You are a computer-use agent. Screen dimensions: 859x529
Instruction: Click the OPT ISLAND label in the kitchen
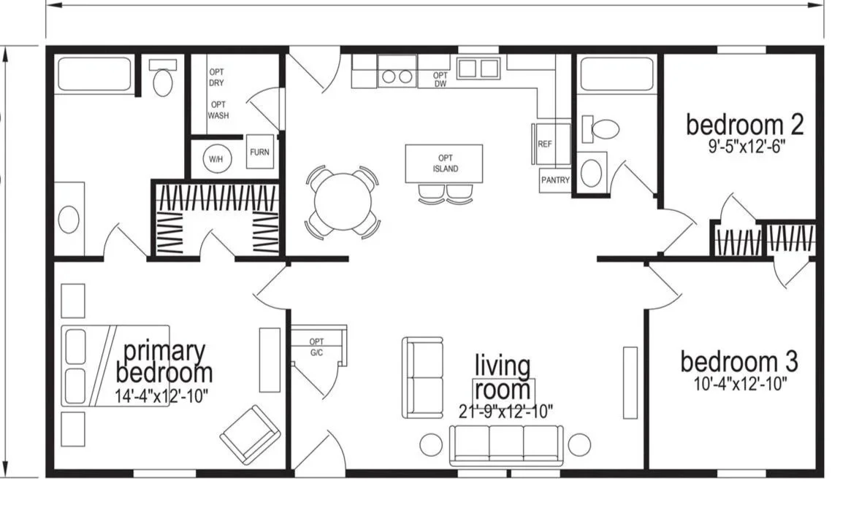[445, 163]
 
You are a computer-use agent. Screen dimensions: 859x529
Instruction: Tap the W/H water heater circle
[216, 159]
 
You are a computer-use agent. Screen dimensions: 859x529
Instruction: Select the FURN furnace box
[259, 152]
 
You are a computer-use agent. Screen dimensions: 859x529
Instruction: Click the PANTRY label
[555, 180]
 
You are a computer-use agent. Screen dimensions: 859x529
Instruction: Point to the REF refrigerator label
[545, 144]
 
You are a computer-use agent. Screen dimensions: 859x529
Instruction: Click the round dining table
[343, 201]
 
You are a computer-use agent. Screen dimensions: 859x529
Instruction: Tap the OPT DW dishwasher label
[440, 80]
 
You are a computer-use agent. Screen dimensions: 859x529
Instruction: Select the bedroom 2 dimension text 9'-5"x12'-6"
[747, 147]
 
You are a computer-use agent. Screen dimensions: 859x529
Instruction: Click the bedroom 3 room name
[738, 362]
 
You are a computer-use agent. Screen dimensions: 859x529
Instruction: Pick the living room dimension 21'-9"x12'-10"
[505, 412]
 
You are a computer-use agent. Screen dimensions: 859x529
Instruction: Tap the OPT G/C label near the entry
[317, 347]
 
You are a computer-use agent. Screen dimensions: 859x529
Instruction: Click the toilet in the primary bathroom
[162, 77]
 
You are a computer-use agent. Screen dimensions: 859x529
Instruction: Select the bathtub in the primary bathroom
[93, 74]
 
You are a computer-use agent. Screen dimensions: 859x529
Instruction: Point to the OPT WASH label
[218, 110]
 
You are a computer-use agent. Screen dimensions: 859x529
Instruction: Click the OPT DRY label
[216, 77]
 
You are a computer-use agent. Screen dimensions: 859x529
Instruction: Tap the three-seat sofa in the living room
[505, 445]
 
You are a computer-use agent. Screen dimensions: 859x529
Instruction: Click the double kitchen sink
[478, 69]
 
